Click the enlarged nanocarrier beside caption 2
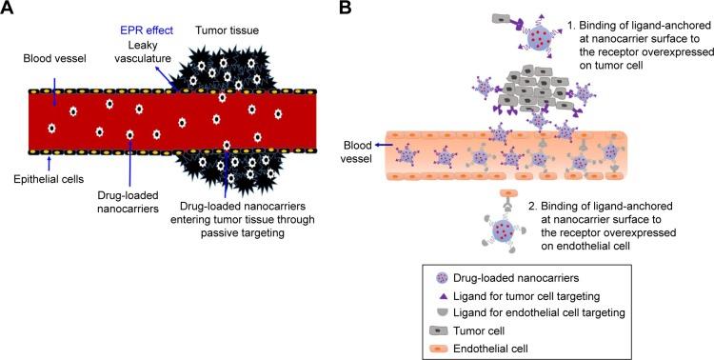[501, 226]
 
